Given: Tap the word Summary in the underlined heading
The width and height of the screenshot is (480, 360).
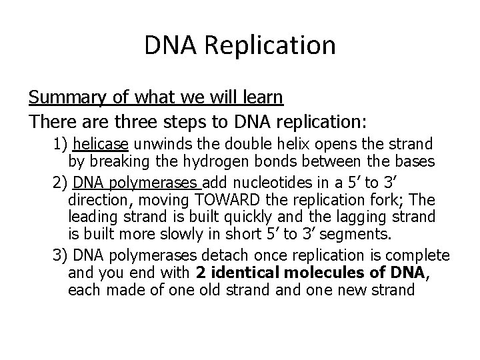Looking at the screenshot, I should tap(61, 97).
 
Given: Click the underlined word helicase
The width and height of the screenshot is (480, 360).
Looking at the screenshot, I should tap(100, 144).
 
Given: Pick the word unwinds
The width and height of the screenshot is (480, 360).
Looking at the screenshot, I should tap(156, 144).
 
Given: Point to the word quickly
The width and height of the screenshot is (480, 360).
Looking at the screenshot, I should tap(227, 217).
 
